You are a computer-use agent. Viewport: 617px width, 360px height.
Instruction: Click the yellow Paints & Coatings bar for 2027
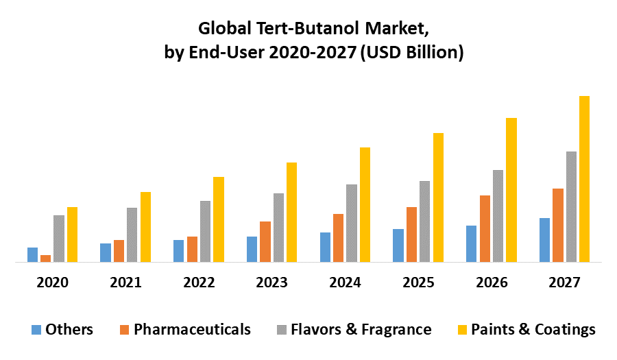584,179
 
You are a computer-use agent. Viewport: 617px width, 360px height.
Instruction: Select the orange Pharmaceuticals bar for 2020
45,259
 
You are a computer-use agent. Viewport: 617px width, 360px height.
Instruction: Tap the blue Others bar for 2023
252,249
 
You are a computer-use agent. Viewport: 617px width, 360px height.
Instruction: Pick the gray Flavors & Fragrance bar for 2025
424,221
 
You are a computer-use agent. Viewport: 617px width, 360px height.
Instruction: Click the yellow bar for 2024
365,204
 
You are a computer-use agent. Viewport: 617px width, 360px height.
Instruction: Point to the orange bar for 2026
485,228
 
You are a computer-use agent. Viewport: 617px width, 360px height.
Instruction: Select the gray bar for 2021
132,235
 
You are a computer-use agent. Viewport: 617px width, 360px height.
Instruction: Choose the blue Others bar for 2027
544,240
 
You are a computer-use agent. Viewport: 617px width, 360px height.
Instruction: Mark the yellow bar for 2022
218,219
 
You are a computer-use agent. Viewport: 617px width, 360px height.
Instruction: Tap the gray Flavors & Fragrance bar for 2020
58,239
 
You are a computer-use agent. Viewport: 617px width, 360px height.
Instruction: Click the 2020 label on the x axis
52,283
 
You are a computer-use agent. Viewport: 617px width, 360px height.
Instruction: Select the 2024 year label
345,283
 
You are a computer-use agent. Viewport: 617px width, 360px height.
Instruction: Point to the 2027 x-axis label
564,283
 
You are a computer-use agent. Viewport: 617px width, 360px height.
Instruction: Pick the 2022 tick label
199,283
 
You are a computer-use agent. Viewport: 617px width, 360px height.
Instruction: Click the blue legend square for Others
36,330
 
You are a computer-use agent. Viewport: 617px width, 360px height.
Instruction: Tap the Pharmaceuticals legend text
192,330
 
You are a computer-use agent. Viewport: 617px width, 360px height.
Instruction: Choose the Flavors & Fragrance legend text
361,330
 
